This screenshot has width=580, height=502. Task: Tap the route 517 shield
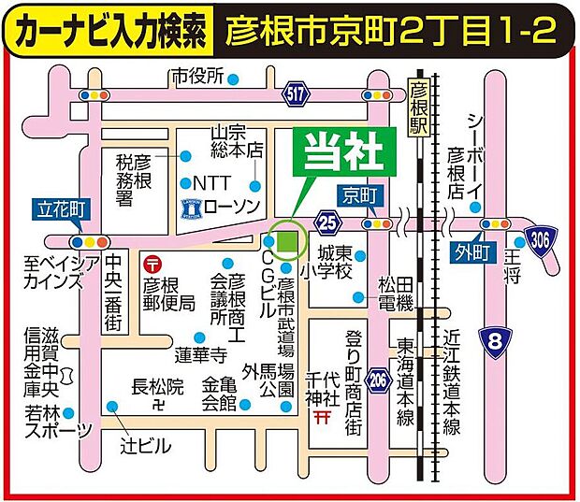[x=295, y=93]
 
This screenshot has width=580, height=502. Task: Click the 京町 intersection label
[x=357, y=196]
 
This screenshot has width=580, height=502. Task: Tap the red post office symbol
[x=153, y=265]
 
